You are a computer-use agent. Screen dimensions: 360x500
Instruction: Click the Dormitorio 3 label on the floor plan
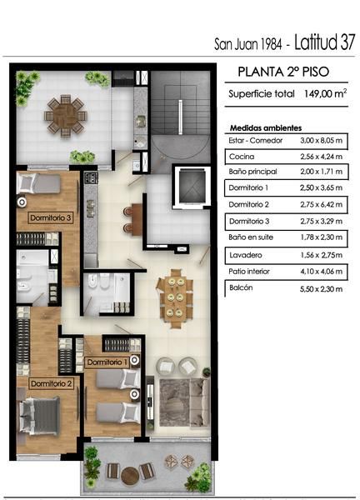pos(51,218)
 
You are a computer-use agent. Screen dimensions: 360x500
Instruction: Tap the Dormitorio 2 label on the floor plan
pos(52,383)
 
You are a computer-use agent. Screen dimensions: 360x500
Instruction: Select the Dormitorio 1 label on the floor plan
pos(107,362)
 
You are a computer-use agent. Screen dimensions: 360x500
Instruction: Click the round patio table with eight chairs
pos(66,116)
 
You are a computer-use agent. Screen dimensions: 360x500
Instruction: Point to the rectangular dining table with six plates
pos(175,298)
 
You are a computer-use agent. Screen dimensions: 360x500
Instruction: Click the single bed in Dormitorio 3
pos(39,183)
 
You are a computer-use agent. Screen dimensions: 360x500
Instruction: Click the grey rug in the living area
pos(175,402)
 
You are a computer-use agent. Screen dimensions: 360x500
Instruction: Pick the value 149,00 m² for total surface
pos(325,93)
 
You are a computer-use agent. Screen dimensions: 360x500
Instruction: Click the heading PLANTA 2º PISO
pos(283,72)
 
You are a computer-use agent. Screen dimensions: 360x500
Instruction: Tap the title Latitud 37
pos(325,42)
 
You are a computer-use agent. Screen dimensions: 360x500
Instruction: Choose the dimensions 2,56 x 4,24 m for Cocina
pos(321,157)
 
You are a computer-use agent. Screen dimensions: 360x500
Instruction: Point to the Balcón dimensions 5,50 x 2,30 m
pos(321,289)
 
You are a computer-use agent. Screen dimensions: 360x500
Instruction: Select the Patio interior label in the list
pos(249,272)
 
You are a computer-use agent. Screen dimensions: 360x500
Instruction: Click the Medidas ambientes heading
pos(266,128)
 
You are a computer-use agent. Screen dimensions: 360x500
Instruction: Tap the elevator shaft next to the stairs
pos(192,187)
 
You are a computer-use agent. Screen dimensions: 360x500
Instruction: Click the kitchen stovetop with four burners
pos(91,177)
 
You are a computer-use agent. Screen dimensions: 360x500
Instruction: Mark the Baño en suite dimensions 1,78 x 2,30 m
pos(321,237)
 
